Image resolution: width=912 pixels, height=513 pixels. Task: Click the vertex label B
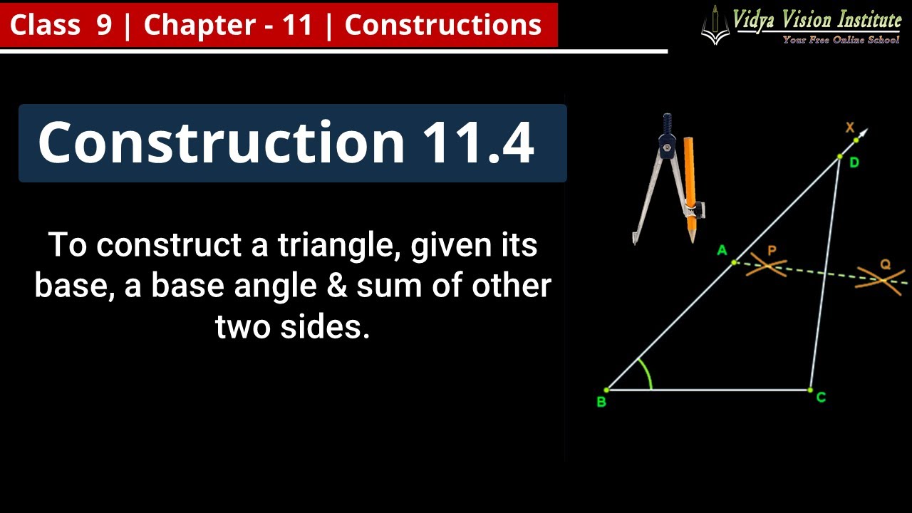601,403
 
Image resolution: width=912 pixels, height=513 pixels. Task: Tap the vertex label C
821,398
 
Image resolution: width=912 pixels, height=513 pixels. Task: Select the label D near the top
854,163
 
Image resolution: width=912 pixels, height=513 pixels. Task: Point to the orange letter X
849,128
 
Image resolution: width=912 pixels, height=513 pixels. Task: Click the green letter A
722,250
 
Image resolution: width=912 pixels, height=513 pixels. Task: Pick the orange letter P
772,250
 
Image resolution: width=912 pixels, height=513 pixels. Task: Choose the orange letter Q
885,264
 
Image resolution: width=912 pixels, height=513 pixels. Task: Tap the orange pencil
690,189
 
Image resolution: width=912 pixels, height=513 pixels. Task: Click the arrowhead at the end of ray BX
864,133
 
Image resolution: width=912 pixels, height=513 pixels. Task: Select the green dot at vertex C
810,390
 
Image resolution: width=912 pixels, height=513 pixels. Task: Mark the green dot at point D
840,156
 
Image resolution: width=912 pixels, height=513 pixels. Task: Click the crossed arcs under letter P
767,267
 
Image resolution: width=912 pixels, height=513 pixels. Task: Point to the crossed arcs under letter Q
882,279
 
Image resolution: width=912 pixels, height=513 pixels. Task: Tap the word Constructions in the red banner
442,26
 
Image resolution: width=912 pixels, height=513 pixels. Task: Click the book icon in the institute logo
715,26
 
